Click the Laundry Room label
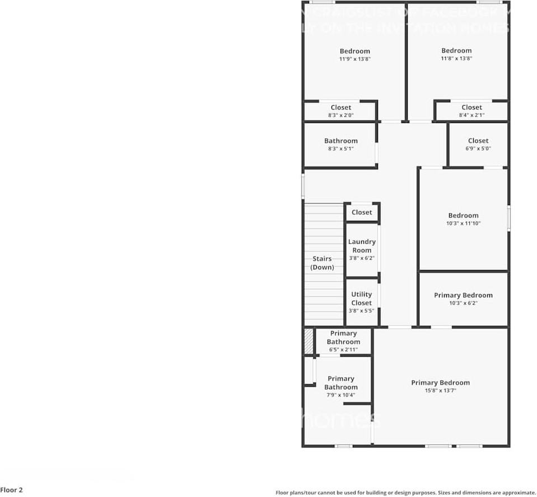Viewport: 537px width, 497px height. pyautogui.click(x=362, y=246)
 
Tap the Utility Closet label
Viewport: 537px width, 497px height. pyautogui.click(x=361, y=299)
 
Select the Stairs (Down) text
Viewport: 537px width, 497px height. pyautogui.click(x=322, y=263)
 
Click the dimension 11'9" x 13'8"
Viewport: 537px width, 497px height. pyautogui.click(x=354, y=59)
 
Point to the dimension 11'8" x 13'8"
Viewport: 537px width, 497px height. pyautogui.click(x=456, y=58)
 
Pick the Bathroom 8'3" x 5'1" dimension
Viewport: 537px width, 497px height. pyautogui.click(x=340, y=149)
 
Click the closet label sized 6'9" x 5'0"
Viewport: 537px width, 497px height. pyautogui.click(x=478, y=141)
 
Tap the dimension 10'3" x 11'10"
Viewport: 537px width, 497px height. pyautogui.click(x=463, y=224)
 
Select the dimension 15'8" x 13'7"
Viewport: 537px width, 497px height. pyautogui.click(x=440, y=391)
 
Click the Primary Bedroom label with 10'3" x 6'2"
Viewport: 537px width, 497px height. pyautogui.click(x=463, y=295)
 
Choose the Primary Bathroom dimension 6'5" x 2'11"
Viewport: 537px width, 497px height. pyautogui.click(x=343, y=349)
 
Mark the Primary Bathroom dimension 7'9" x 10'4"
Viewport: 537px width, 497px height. pyautogui.click(x=340, y=395)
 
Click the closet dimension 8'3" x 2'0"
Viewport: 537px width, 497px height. pyautogui.click(x=340, y=115)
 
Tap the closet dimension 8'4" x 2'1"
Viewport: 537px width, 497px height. pyautogui.click(x=471, y=115)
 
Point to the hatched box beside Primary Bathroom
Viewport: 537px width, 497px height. pyautogui.click(x=308, y=341)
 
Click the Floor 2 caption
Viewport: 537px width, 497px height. pyautogui.click(x=12, y=490)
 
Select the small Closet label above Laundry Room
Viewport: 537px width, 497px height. pyautogui.click(x=362, y=212)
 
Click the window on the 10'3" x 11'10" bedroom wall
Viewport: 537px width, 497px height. pyautogui.click(x=508, y=217)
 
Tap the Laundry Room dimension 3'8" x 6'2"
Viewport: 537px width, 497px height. pyautogui.click(x=362, y=258)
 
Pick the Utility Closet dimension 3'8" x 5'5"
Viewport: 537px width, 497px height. pyautogui.click(x=361, y=311)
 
